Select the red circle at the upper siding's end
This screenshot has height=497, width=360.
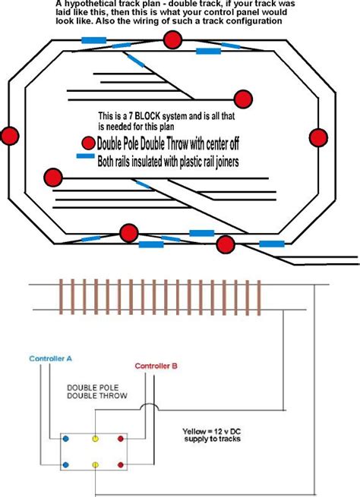(243, 99)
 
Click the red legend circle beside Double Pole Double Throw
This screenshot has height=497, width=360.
(88, 143)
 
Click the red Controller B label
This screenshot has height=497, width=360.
(156, 366)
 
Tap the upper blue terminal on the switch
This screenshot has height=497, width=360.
(65, 439)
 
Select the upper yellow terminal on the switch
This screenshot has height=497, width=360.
(95, 439)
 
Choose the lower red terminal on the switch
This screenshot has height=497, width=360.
(120, 464)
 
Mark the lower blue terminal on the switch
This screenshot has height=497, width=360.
(65, 464)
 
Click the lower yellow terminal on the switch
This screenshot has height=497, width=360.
(95, 464)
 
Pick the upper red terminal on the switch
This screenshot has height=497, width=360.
(120, 439)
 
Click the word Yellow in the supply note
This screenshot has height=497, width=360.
(197, 429)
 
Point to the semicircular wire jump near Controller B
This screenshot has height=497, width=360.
(152, 410)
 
